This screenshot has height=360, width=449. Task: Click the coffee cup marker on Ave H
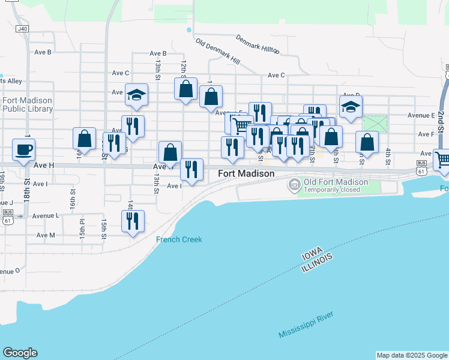(23, 149)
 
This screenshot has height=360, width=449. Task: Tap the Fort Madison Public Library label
(27, 104)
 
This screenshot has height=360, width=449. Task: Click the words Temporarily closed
(332, 190)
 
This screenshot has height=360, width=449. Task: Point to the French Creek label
(179, 239)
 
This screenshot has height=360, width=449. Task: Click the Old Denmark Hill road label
(217, 52)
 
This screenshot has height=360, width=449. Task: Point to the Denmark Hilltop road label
(257, 43)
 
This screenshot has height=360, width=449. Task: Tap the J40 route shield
(22, 28)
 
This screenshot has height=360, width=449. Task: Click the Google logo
(20, 353)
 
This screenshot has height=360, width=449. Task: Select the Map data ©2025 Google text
(412, 355)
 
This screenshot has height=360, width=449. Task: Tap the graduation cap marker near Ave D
(351, 106)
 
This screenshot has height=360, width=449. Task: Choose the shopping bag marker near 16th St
(85, 138)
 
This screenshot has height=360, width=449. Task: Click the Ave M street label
(46, 235)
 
